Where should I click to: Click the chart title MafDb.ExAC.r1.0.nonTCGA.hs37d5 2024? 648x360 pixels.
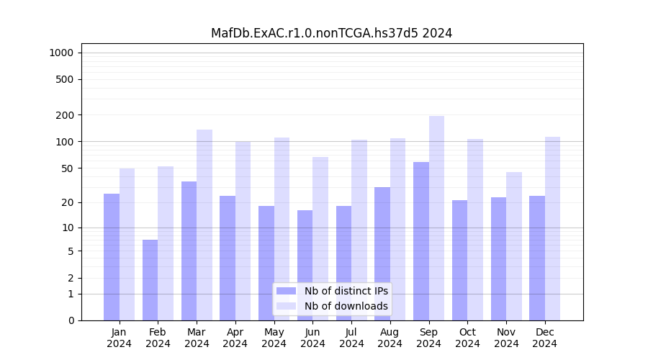331,33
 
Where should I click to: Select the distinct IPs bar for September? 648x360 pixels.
421,241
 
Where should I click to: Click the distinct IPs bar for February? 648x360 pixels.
150,280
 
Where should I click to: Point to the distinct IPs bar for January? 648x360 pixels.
112,257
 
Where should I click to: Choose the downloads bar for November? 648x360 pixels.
514,246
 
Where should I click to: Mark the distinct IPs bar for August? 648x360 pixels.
382,253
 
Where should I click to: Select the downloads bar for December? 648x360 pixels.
553,228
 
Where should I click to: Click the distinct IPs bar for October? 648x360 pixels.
459,260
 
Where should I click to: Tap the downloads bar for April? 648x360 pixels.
243,230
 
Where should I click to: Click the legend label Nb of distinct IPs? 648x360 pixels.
346,291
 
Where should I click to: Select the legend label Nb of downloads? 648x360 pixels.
346,306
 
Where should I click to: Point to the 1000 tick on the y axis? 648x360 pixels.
61,53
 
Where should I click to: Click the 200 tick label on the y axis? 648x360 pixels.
66,115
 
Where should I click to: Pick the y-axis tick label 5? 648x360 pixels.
71,251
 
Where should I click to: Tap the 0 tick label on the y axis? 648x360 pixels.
71,320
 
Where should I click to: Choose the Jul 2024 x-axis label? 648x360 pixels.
351,338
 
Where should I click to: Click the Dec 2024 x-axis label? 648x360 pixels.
545,338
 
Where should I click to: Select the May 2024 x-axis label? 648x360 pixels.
274,338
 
